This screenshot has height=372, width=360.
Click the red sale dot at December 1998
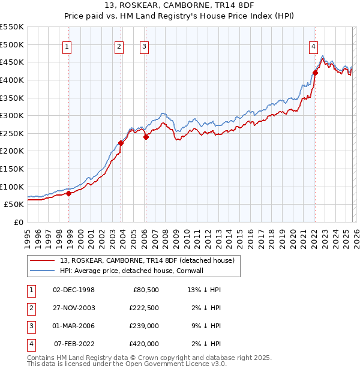[69, 193]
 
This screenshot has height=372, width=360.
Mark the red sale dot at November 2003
[121, 143]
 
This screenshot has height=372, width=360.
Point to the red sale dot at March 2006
[146, 137]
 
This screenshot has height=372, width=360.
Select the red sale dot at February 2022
[315, 73]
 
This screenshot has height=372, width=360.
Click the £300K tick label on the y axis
[12, 115]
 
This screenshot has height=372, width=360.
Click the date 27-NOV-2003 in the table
[74, 308]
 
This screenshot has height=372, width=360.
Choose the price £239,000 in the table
[144, 326]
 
